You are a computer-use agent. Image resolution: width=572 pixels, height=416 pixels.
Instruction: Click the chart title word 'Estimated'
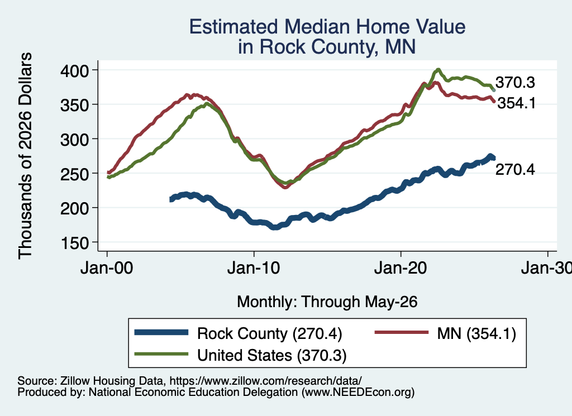[x=234, y=27]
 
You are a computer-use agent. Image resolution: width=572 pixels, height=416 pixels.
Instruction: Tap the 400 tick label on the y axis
[x=74, y=70]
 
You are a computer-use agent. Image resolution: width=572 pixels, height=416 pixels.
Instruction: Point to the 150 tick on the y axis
[x=74, y=243]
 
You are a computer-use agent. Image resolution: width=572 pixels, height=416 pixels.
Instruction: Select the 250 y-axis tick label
[x=74, y=174]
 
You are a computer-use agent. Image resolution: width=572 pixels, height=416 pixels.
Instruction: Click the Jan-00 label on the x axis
[x=107, y=269]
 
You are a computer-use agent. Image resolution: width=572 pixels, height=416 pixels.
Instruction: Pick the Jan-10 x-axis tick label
[x=254, y=269]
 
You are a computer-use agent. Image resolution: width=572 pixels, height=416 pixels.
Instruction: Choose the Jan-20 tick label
[x=401, y=269]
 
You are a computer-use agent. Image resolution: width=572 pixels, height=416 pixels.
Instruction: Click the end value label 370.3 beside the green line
[x=515, y=83]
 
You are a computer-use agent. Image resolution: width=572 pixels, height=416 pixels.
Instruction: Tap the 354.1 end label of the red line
[x=517, y=103]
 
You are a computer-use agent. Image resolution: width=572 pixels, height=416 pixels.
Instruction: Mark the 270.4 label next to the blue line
[x=515, y=170]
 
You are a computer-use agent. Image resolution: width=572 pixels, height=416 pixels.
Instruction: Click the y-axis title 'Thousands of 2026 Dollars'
[x=25, y=156]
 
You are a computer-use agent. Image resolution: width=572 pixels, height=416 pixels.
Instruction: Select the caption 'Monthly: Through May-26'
[x=327, y=302]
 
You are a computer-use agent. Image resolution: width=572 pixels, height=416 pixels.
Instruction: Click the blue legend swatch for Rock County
[x=161, y=332]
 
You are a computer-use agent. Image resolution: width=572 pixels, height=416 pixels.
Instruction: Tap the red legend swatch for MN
[x=401, y=332]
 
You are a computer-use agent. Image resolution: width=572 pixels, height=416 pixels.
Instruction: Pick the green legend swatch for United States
[x=161, y=354]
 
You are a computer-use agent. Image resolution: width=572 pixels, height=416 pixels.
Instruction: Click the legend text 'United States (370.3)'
[x=272, y=355]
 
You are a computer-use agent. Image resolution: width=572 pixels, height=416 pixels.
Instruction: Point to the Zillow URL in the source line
[x=265, y=381]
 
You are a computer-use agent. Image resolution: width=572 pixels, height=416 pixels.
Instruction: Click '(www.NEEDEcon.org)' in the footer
[x=358, y=392]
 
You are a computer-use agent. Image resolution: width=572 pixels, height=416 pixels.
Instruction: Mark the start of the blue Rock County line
[x=171, y=199]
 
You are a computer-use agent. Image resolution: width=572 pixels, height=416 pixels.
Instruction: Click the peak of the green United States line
[x=438, y=70]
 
